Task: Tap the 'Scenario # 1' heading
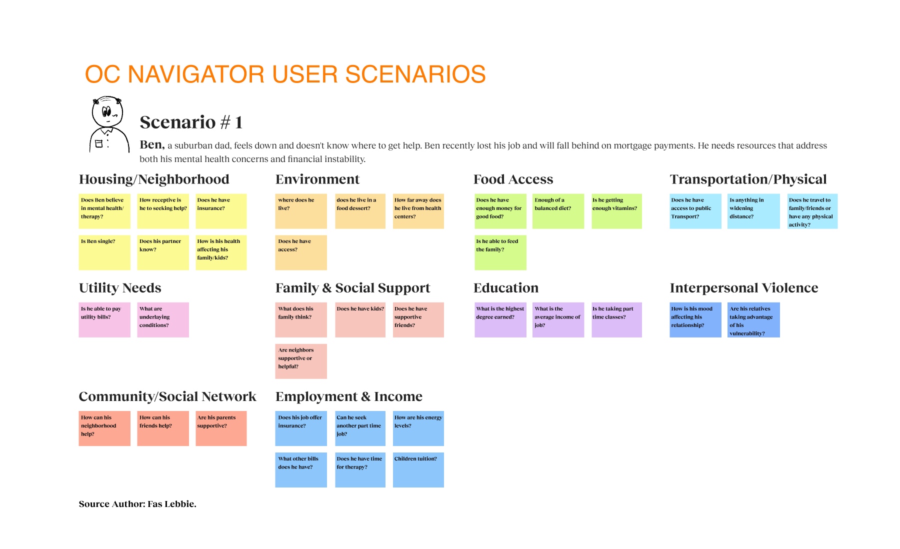191,122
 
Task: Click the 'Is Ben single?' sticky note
104,252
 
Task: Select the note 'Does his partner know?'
163,252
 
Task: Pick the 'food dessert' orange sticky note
360,211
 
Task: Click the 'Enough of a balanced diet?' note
558,211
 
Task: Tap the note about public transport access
695,211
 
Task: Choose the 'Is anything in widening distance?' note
753,211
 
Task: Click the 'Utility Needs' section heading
120,288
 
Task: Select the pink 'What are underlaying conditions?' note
163,319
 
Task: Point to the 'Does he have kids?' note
360,319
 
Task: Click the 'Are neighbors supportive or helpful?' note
301,361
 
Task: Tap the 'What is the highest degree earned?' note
500,319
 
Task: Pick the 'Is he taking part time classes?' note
616,319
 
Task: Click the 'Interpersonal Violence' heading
744,288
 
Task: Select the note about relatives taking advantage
753,319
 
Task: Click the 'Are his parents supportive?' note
221,428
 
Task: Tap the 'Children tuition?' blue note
418,469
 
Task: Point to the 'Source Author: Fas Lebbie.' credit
137,504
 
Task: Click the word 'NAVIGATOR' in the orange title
197,74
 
